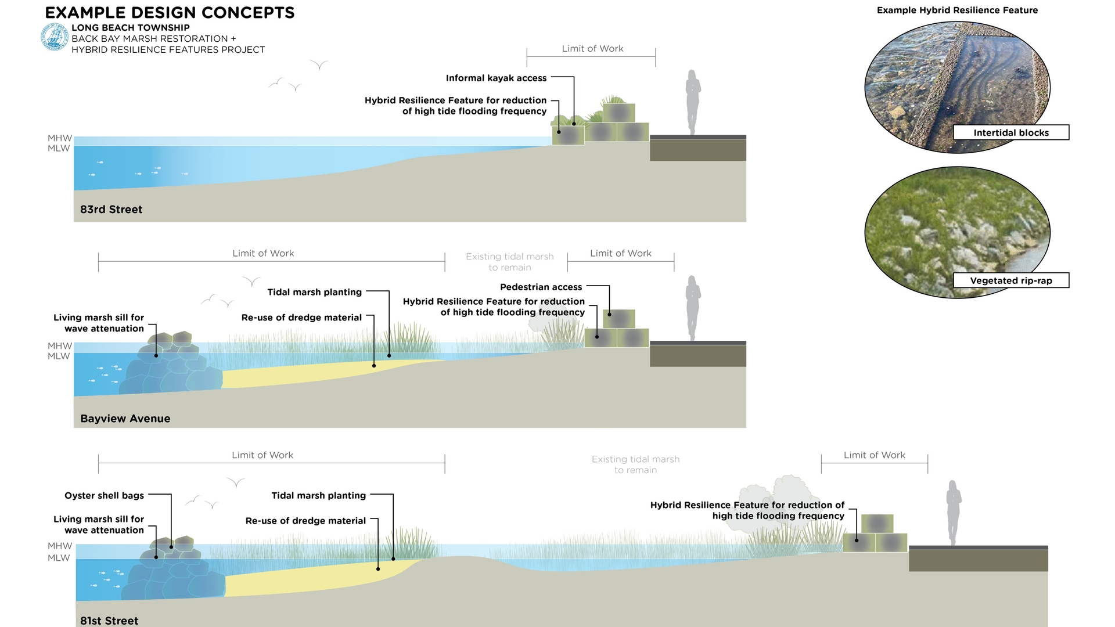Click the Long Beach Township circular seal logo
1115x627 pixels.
pyautogui.click(x=55, y=38)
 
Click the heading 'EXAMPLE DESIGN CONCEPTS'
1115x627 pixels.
pyautogui.click(x=170, y=13)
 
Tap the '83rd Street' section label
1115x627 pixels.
pyautogui.click(x=111, y=210)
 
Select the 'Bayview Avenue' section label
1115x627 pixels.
pyautogui.click(x=125, y=419)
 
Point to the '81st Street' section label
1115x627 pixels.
pyautogui.click(x=109, y=621)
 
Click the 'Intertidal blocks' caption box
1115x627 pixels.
pyautogui.click(x=1010, y=133)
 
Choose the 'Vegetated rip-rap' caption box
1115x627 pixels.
pyautogui.click(x=1010, y=281)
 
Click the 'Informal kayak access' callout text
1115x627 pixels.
pyautogui.click(x=496, y=78)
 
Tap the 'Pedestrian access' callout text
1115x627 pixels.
pyautogui.click(x=541, y=287)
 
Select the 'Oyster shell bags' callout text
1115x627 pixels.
pyautogui.click(x=104, y=496)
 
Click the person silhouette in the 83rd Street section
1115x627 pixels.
pyautogui.click(x=692, y=102)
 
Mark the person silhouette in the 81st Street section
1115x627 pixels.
pyautogui.click(x=953, y=512)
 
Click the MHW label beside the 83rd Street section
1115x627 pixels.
pyautogui.click(x=60, y=138)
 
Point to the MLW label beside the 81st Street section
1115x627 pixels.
pyautogui.click(x=59, y=558)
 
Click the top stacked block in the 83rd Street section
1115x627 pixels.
pyautogui.click(x=618, y=113)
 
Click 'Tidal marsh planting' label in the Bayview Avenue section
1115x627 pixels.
pyautogui.click(x=314, y=293)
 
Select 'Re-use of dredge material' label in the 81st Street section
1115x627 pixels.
pyautogui.click(x=305, y=521)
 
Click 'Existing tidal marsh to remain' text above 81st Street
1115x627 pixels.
pyautogui.click(x=635, y=464)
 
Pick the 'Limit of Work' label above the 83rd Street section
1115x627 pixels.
pyautogui.click(x=592, y=49)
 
